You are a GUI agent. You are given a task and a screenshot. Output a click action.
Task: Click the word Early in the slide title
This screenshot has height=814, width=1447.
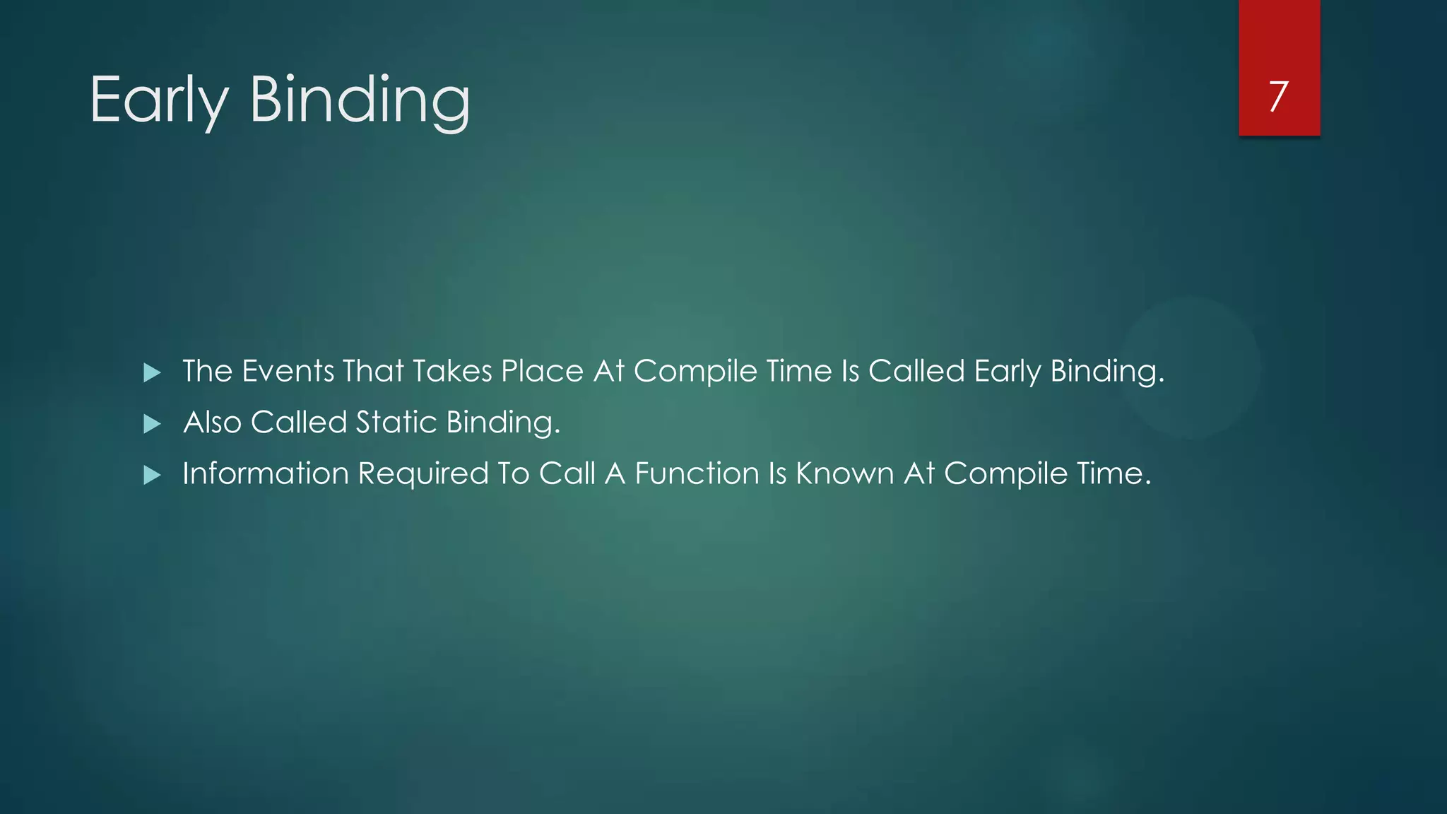click(x=159, y=100)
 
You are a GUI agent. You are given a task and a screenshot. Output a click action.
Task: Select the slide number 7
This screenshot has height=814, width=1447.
click(x=1278, y=96)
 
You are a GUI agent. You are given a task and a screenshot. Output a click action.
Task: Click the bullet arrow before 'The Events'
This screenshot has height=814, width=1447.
click(x=152, y=372)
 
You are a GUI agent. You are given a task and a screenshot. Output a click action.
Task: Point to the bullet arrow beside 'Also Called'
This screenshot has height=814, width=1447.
click(x=152, y=424)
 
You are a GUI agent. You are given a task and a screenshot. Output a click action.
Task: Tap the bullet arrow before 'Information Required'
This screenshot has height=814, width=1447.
click(x=152, y=475)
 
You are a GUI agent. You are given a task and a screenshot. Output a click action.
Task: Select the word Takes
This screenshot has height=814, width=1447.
click(x=452, y=371)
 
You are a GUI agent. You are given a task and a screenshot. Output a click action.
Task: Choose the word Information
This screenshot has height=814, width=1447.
click(x=266, y=473)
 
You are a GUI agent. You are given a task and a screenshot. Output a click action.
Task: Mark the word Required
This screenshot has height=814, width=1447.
click(x=423, y=473)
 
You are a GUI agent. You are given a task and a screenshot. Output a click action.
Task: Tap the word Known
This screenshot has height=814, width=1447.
click(x=844, y=473)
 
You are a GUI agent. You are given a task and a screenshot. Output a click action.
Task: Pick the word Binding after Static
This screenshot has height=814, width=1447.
click(x=502, y=423)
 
